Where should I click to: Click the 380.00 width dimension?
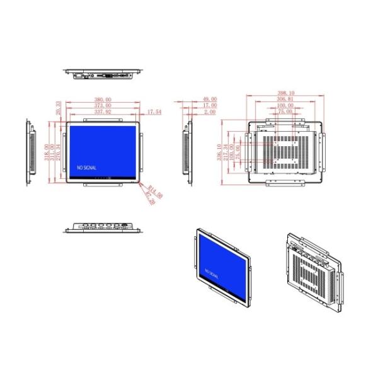[103, 100]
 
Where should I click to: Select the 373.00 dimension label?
[103, 106]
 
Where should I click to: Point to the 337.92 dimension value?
[103, 112]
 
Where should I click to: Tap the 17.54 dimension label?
[154, 112]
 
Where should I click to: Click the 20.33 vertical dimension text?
[59, 108]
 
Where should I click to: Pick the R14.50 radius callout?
[156, 190]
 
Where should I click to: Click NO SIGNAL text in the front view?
[87, 169]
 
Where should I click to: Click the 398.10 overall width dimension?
[285, 93]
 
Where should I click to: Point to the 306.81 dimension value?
[285, 100]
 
